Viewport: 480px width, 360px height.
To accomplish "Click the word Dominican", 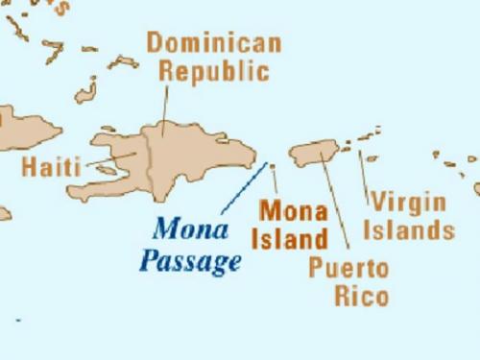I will [x=213, y=42].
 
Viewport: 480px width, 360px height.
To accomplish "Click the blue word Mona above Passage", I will [x=191, y=229].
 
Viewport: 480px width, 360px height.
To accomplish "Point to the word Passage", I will [x=190, y=260].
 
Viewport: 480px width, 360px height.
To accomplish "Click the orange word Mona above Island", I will [x=294, y=210].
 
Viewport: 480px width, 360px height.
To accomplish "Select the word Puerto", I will [x=348, y=268].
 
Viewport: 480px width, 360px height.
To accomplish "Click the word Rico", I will [x=362, y=296].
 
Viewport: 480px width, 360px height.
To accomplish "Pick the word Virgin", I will [x=409, y=203].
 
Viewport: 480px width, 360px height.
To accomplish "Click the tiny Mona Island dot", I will [x=272, y=166].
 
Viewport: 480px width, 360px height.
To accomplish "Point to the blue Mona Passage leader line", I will [x=244, y=188].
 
